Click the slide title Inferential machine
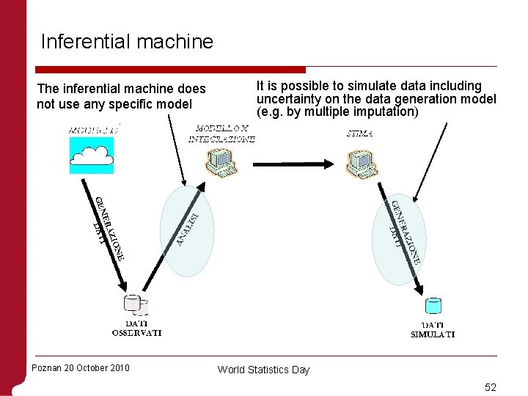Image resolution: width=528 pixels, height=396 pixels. (x=127, y=41)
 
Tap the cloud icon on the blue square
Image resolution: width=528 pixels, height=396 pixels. (x=92, y=155)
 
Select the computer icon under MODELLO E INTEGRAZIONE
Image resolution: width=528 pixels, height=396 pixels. (x=221, y=163)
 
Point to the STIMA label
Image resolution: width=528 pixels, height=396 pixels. (x=359, y=133)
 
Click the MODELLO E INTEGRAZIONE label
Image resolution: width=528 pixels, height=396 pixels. (x=221, y=133)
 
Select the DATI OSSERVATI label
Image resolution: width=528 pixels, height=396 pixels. (x=136, y=328)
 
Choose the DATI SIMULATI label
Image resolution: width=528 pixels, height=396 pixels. (x=433, y=330)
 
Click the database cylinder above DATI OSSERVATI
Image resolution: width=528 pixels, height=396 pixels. (x=136, y=305)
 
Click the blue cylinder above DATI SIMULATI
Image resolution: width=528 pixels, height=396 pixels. (x=433, y=306)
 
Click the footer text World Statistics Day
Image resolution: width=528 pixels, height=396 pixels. (x=263, y=370)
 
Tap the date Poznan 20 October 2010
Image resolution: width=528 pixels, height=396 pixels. (x=81, y=367)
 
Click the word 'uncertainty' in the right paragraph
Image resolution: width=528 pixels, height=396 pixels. (x=288, y=99)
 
